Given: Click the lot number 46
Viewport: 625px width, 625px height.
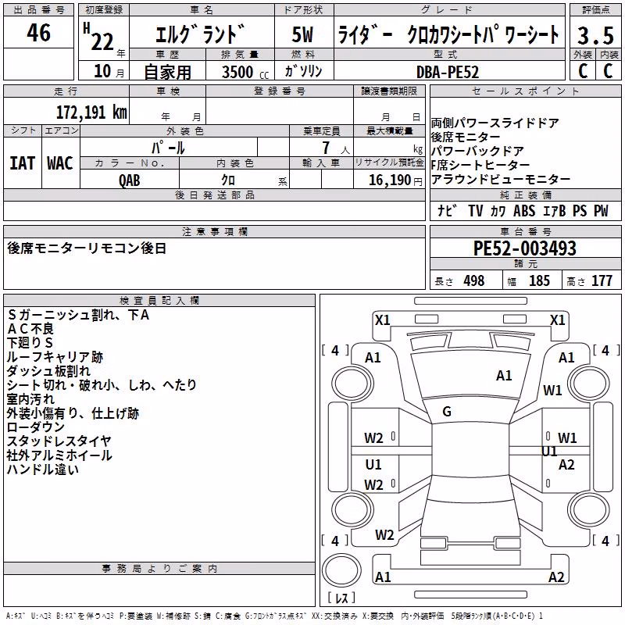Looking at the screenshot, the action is click(38, 32).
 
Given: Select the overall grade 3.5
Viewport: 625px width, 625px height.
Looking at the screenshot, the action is click(595, 35).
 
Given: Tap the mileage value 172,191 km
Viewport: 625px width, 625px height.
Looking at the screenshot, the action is click(91, 112).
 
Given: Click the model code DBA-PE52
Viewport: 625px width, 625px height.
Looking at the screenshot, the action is click(448, 72).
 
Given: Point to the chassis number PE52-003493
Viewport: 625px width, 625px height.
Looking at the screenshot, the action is click(524, 248).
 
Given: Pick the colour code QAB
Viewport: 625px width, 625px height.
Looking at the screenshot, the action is click(130, 180).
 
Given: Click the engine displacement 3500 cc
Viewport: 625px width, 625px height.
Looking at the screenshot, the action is click(245, 72).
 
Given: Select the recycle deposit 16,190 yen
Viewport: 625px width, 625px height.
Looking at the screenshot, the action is click(395, 180).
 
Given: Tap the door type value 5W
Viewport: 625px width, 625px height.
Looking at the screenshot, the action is click(302, 34).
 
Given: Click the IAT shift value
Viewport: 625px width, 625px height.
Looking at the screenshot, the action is click(23, 163).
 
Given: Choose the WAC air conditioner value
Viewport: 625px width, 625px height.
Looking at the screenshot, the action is click(60, 163).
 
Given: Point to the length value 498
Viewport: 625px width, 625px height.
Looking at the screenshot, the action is click(474, 280).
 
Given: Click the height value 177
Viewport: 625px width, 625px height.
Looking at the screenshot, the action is click(602, 280).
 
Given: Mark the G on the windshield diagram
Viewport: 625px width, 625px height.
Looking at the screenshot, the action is click(447, 412).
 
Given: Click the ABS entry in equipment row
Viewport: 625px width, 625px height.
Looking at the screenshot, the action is click(524, 210).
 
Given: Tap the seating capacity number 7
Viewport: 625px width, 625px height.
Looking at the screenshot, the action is click(326, 148).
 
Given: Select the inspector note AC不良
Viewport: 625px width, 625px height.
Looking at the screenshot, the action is click(30, 329).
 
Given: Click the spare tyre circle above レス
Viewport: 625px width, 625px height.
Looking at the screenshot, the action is click(341, 570).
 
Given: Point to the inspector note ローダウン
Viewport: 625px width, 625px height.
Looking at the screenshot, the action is click(35, 427).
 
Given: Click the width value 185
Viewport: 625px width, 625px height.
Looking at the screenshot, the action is click(539, 280).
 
